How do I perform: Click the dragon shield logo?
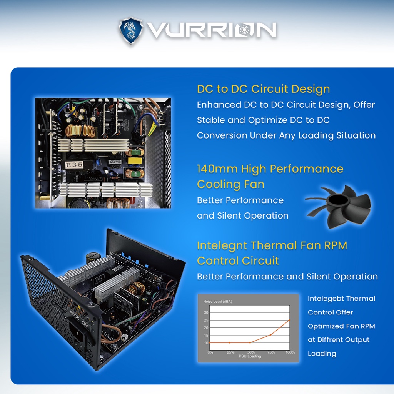131,30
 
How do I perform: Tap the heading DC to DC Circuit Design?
263,89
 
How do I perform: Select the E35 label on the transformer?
74,165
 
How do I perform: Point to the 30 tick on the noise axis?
206,312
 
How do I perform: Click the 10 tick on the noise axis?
206,343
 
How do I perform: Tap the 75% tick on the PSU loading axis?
271,352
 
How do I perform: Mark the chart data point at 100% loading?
290,320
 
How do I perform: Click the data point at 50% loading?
250,342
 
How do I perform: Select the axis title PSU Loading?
250,356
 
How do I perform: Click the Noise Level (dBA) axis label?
218,301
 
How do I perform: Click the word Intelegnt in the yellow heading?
222,246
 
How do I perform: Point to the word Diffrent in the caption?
331,340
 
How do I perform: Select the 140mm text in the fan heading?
217,169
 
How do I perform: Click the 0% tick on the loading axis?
210,352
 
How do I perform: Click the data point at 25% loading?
230,342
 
